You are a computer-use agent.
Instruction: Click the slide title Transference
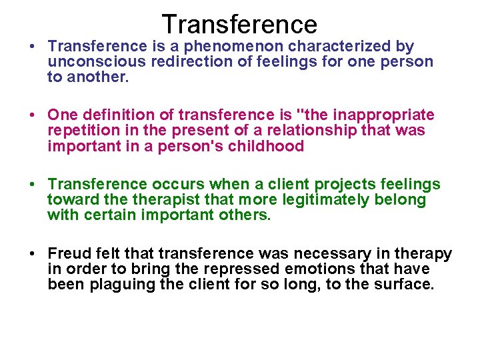pyautogui.click(x=239, y=24)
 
